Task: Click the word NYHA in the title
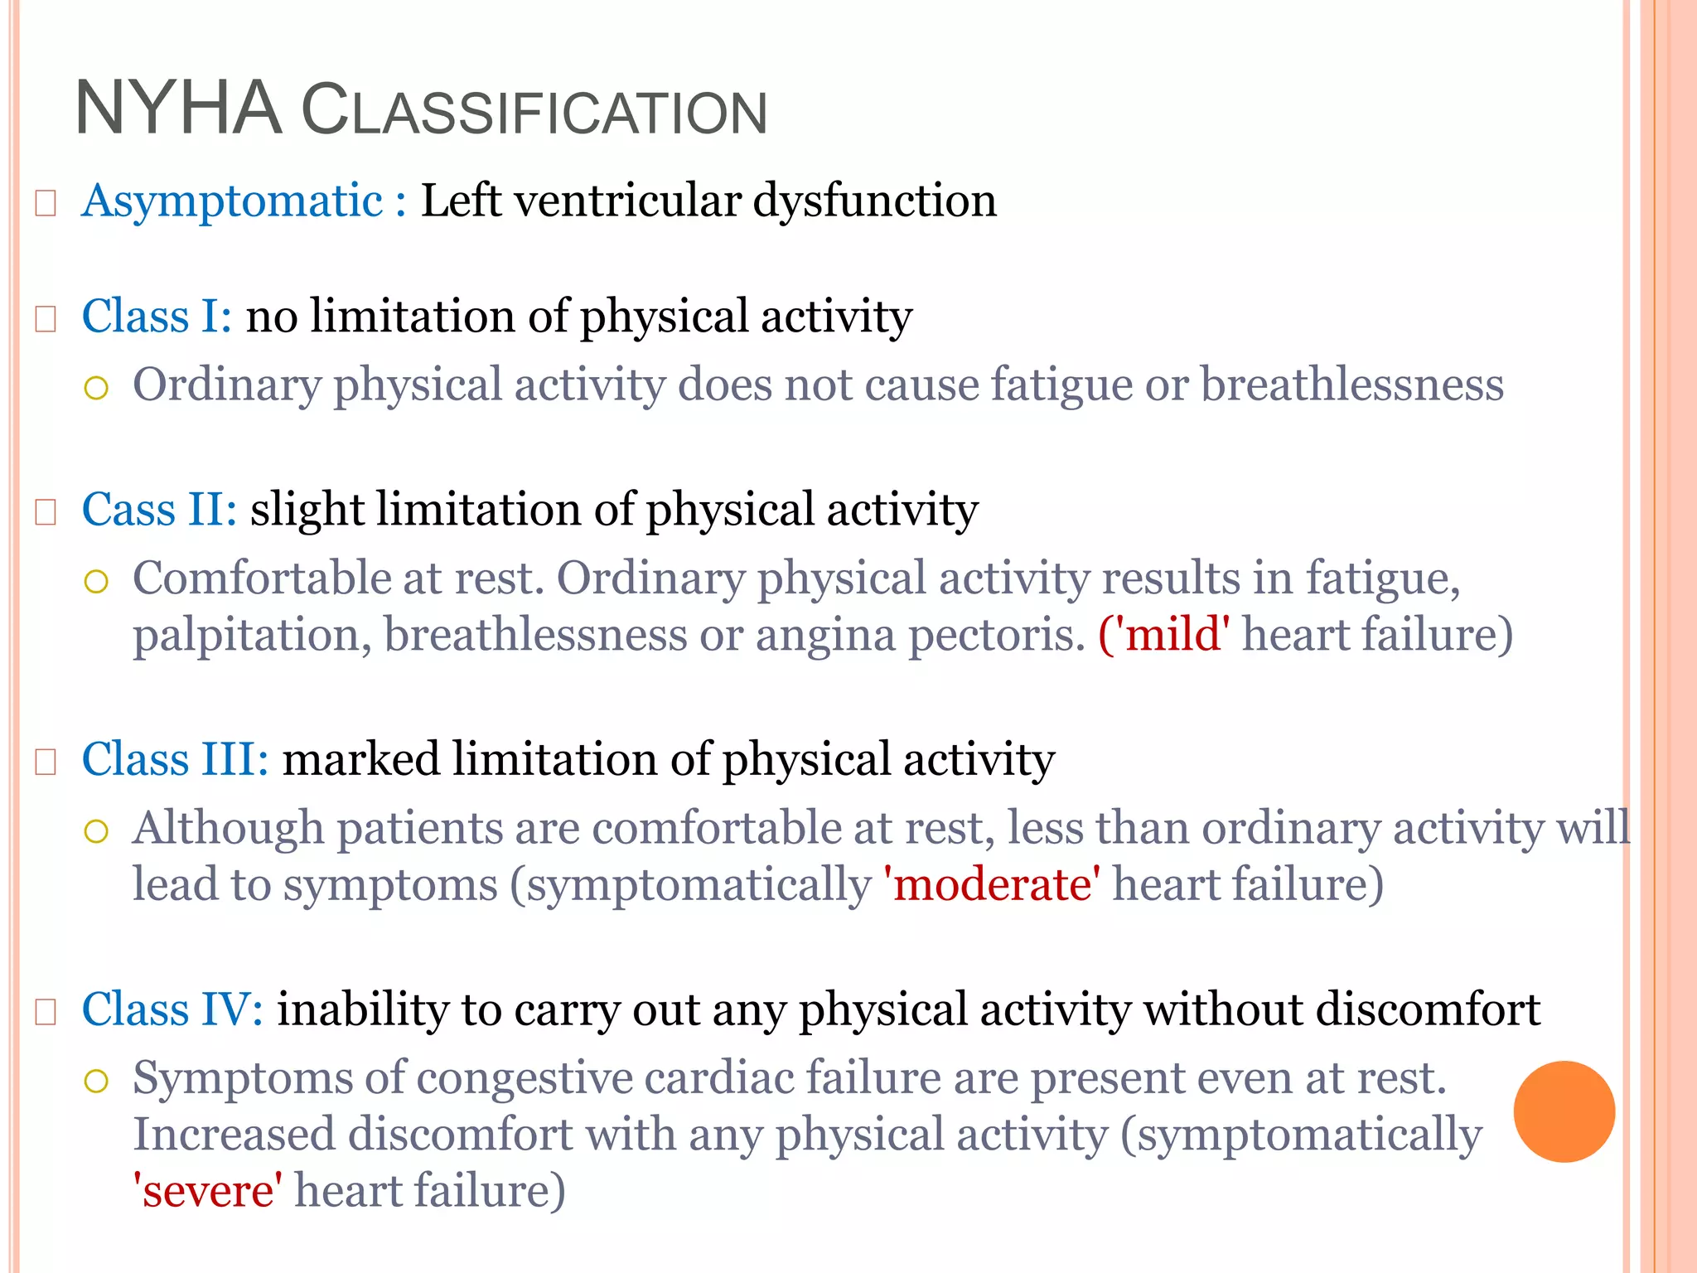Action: coord(178,109)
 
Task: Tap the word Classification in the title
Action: coord(534,111)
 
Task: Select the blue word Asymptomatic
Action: coord(232,201)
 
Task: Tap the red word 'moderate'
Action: coord(993,884)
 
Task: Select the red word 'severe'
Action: coord(207,1191)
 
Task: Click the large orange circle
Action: coord(1564,1111)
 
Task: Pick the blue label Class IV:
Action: coord(172,1009)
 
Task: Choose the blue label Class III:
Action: coord(175,759)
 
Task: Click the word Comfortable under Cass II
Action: coord(261,578)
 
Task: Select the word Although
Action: coord(228,828)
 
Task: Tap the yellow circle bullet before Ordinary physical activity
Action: coord(97,387)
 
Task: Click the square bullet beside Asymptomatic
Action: coord(46,203)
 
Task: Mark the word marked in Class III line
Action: coord(361,759)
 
